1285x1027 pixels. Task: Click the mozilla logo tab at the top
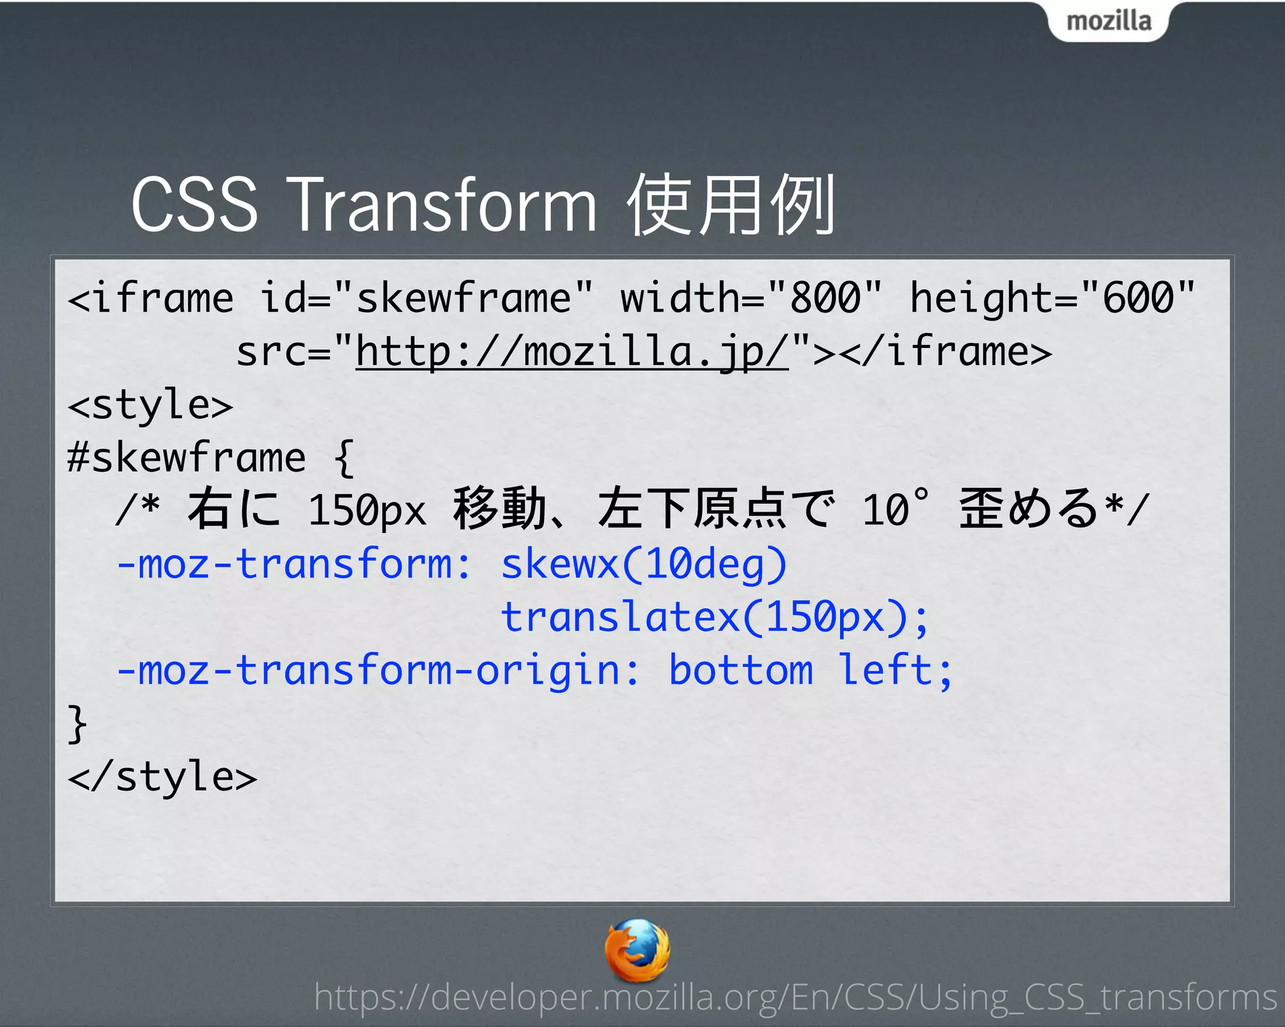click(1108, 21)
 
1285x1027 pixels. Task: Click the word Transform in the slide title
click(444, 205)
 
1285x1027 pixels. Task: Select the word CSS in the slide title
click(195, 205)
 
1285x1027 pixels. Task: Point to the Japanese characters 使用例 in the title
click(732, 205)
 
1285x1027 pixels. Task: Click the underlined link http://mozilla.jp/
click(572, 351)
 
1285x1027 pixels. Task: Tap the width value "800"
click(825, 297)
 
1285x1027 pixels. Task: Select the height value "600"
click(1138, 297)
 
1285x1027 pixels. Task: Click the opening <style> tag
click(151, 405)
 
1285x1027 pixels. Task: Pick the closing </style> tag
click(163, 777)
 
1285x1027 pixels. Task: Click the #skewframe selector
click(186, 458)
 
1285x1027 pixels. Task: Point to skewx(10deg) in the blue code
click(644, 564)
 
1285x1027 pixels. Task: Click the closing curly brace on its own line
click(77, 724)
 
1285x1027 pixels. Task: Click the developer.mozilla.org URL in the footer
click(795, 998)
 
